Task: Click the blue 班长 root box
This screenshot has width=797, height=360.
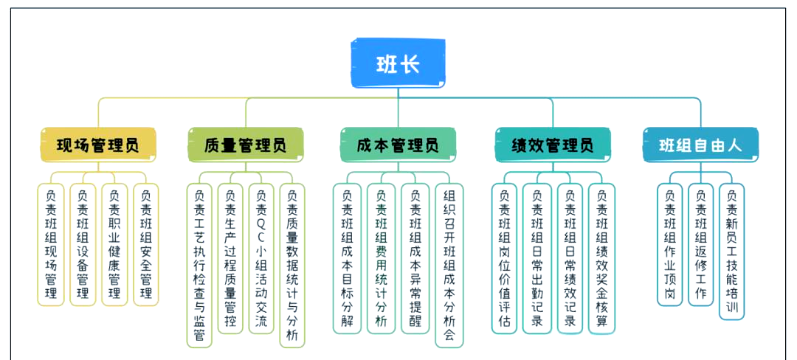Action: [x=398, y=64]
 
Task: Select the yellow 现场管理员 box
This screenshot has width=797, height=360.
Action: [x=98, y=145]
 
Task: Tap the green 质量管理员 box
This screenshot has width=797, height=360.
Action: [x=245, y=145]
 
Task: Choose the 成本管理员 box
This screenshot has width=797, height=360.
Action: [x=398, y=145]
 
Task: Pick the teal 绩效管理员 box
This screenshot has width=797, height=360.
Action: [x=553, y=145]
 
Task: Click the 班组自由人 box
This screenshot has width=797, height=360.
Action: [x=700, y=145]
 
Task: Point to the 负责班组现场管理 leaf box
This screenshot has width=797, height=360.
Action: [x=50, y=244]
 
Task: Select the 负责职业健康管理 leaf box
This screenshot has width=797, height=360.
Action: [x=114, y=244]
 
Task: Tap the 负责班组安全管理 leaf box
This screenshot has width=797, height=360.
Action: [x=145, y=244]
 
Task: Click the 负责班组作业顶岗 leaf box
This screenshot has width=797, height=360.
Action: [x=669, y=244]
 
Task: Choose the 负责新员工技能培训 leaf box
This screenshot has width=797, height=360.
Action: [x=731, y=252]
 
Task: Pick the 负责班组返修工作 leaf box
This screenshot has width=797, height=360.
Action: [x=700, y=244]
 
